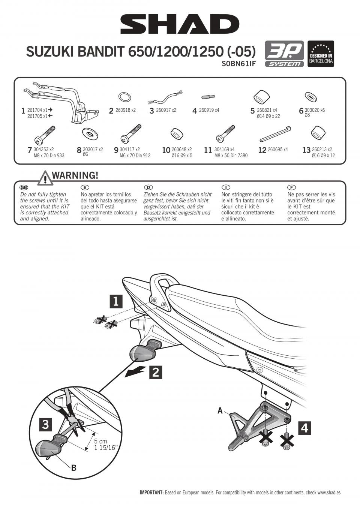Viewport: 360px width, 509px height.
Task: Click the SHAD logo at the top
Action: (x=180, y=24)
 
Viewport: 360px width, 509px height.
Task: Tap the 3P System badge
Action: (x=284, y=54)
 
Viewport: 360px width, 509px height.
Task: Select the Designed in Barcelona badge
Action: (x=321, y=54)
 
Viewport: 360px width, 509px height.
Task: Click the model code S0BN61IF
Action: (x=238, y=64)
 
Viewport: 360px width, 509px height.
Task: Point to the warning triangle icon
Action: (x=45, y=178)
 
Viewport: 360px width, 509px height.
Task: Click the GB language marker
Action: (x=24, y=187)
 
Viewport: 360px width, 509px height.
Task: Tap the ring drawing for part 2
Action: (x=124, y=97)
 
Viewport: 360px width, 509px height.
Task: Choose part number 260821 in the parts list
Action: (x=264, y=110)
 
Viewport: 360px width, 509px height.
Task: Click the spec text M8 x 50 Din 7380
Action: (x=231, y=156)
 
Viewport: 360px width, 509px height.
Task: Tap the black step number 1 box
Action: (x=116, y=302)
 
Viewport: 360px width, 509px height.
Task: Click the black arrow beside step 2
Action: (x=135, y=372)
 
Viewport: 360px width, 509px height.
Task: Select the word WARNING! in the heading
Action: (x=75, y=175)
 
